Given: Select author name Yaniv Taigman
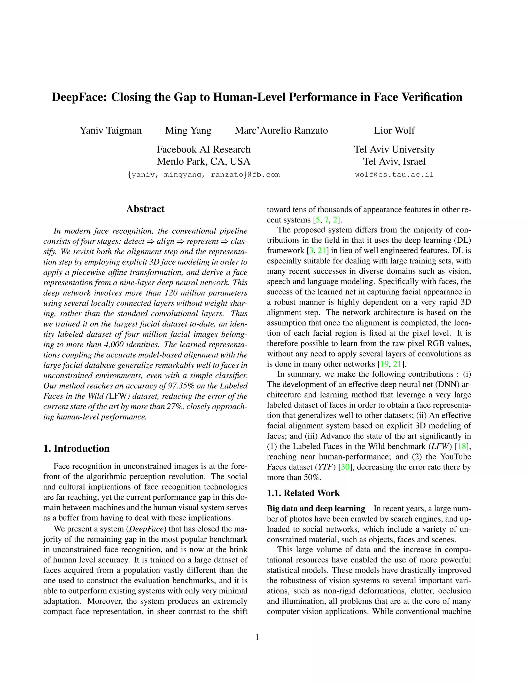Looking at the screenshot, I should point(111,130).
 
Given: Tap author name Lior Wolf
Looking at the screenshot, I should point(394,130).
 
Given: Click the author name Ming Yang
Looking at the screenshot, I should point(188,130).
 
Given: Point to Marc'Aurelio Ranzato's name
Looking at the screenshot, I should point(281,130).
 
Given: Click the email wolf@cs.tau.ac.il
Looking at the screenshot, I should point(394,175).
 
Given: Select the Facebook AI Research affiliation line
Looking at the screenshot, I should point(203,149).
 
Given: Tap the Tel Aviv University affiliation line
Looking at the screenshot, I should point(394,149).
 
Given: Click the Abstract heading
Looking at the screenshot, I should point(145,209).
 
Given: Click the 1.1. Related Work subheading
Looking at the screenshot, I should point(303,493).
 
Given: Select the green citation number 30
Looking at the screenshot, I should point(345,467).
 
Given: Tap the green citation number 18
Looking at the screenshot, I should point(462,446).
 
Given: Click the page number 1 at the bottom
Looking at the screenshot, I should point(257,637).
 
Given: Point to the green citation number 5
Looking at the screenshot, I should point(318,220).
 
